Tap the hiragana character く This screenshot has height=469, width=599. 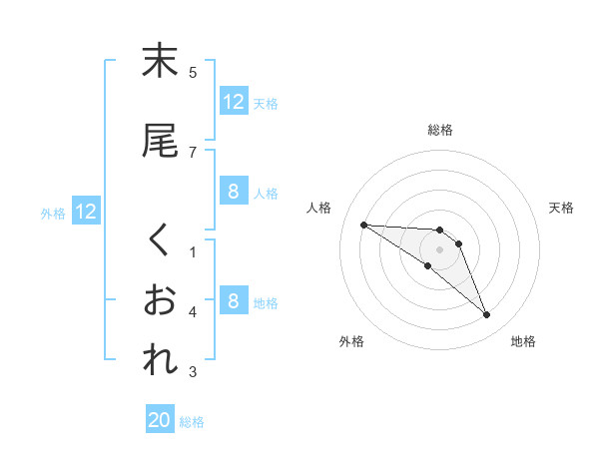tap(160, 240)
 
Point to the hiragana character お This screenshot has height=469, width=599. tap(160, 300)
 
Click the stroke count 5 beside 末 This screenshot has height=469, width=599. tap(193, 72)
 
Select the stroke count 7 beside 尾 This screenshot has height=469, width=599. tap(193, 152)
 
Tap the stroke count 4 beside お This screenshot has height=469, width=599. tap(193, 312)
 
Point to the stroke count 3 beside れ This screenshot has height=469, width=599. tap(193, 372)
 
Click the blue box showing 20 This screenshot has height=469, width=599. tap(160, 421)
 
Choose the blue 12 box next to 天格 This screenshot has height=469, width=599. tap(233, 102)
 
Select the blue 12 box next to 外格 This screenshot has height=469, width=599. tap(86, 212)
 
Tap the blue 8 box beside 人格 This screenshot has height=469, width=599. tap(233, 192)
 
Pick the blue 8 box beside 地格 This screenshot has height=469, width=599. tap(233, 301)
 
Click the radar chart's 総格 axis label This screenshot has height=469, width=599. tap(440, 130)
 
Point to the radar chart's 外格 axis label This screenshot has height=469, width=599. tap(351, 341)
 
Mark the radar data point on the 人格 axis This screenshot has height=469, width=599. tap(363, 225)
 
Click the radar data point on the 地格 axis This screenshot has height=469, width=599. tap(487, 315)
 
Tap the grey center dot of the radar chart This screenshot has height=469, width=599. tap(439, 248)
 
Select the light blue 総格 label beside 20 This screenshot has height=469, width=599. tap(192, 422)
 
